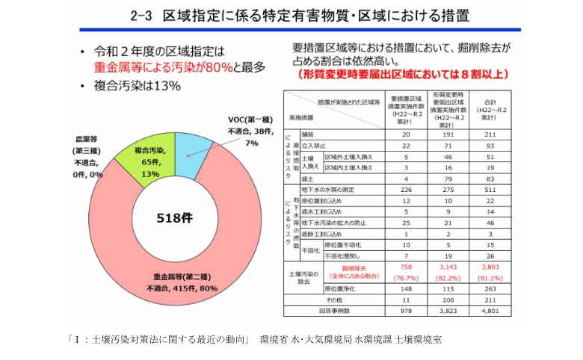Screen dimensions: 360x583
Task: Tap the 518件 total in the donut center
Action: click(x=176, y=219)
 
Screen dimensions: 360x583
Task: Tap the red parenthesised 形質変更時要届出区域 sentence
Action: click(x=402, y=73)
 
